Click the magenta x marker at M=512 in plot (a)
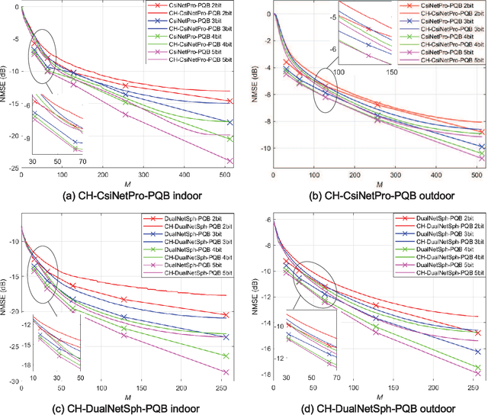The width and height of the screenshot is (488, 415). pos(230,161)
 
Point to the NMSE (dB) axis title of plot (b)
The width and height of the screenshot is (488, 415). pos(257,88)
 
